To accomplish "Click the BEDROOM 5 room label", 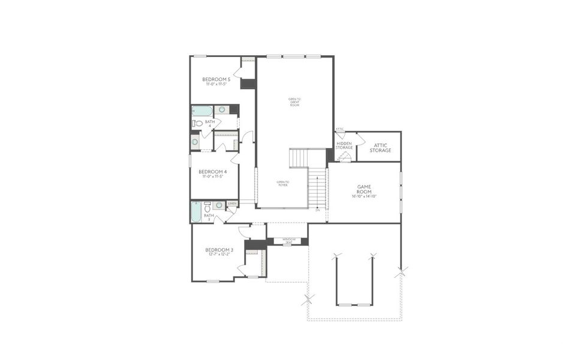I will (x=216, y=79).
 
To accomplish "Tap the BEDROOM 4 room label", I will (x=213, y=172).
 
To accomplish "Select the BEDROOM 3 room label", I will (x=219, y=250).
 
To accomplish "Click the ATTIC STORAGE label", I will (x=380, y=148).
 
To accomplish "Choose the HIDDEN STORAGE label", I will (x=344, y=146).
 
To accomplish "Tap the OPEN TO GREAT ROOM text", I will (x=294, y=101).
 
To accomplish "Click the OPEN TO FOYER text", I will (x=282, y=183).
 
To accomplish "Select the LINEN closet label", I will (x=232, y=204).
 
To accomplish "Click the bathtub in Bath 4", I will (x=202, y=111).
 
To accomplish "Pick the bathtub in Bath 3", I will (x=196, y=211).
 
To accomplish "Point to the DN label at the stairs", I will (x=318, y=210).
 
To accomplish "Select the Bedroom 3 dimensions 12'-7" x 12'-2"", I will (x=219, y=255).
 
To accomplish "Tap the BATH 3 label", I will (x=208, y=217).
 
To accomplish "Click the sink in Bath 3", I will (x=219, y=205).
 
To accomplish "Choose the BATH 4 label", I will (x=210, y=124).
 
